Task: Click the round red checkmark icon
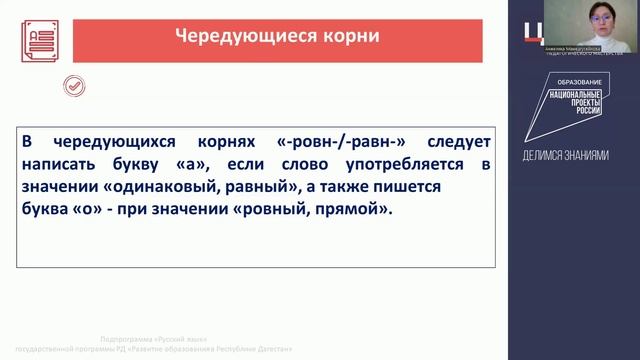click(73, 87)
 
